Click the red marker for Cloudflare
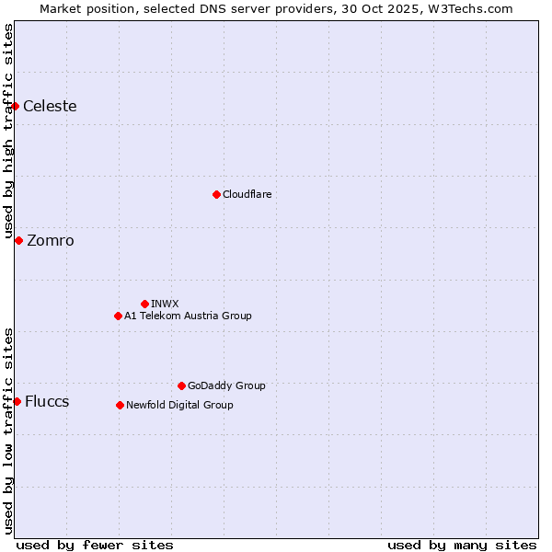pos(216,194)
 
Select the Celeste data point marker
pos(15,106)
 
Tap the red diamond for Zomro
pos(18,240)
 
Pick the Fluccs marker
pos(17,401)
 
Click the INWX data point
pos(144,304)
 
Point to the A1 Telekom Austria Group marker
pos(118,316)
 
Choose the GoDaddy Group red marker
pos(181,385)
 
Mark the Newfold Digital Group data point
pos(120,405)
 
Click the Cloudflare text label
pos(247,194)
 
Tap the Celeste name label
pos(50,106)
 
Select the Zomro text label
pos(51,240)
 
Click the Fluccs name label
pos(47,401)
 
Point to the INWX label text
pos(165,304)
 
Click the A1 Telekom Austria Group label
pos(188,316)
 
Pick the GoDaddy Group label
pos(226,385)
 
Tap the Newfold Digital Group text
pos(179,405)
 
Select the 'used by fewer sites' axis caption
pos(95,545)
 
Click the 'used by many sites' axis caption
pos(462,545)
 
